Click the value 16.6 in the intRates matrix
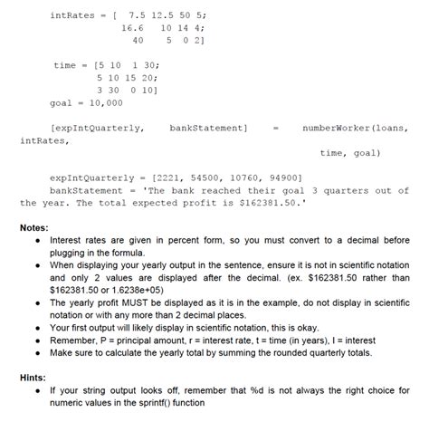(132, 28)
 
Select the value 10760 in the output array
(244, 178)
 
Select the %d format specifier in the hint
(285, 390)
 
